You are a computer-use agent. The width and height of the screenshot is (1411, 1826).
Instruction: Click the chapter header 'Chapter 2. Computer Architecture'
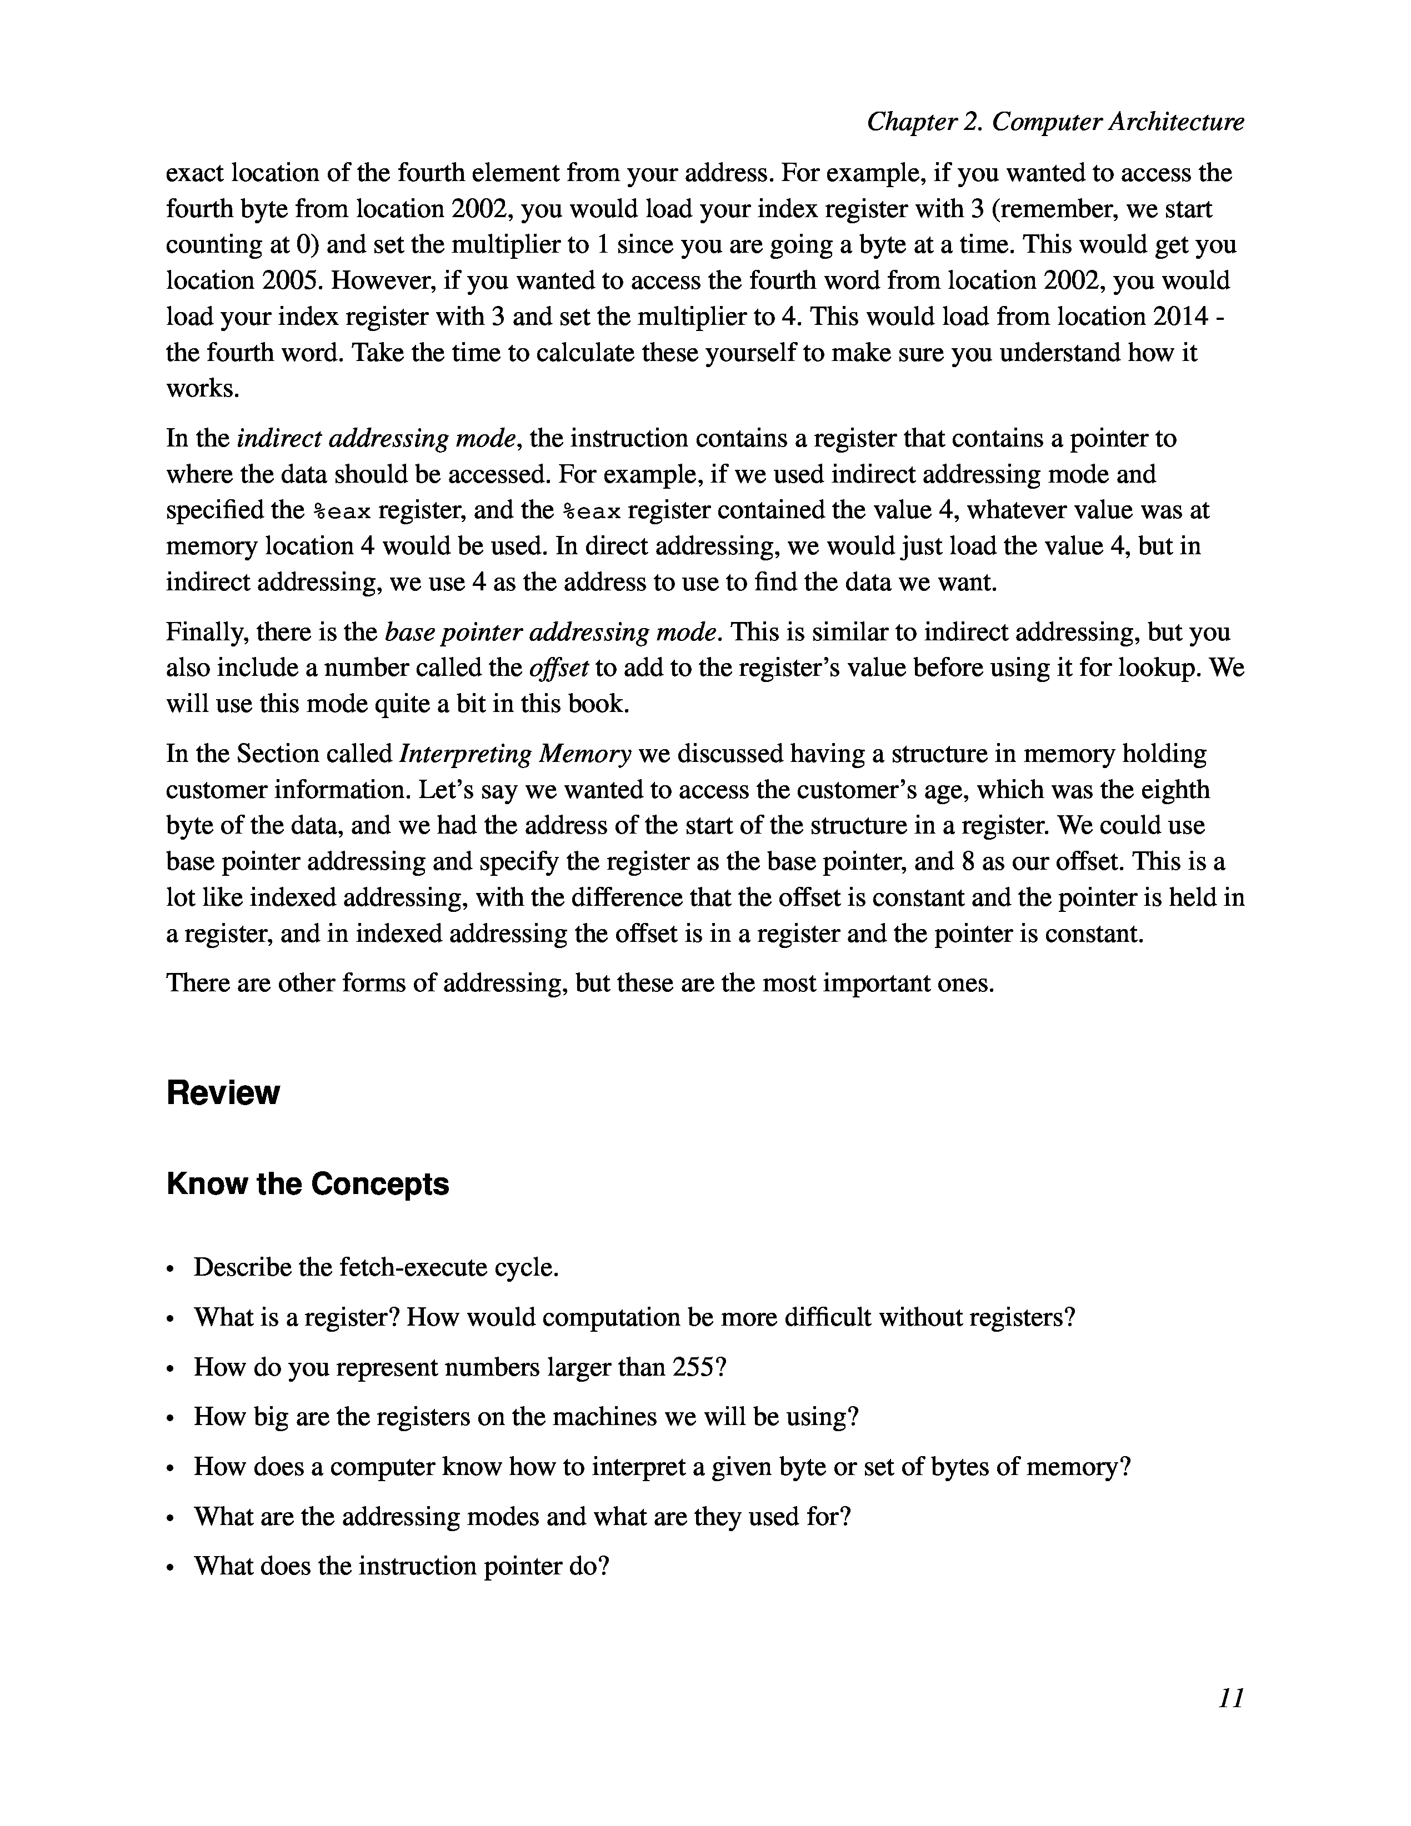(x=1055, y=122)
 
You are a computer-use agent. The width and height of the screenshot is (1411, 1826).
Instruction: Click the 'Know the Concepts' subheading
(x=307, y=1184)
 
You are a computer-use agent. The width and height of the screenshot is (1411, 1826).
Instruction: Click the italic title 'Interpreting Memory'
(x=515, y=753)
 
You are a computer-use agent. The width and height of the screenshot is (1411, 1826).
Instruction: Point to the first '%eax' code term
(x=341, y=510)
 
